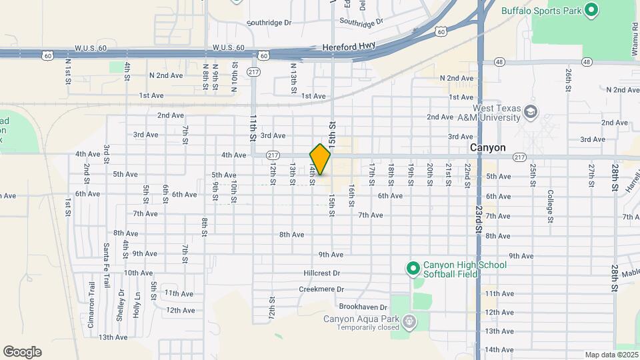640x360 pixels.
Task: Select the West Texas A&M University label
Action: tap(496, 113)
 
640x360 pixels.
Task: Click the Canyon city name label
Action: tap(487, 147)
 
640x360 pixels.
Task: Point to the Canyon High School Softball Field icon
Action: tap(413, 269)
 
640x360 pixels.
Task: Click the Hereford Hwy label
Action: tap(349, 47)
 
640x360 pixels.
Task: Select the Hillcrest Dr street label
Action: tap(321, 273)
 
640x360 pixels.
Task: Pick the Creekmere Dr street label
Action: tap(321, 289)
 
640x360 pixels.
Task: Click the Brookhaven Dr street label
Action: tap(363, 307)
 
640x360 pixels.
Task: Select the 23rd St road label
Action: tap(479, 219)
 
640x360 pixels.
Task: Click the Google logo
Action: tap(22, 352)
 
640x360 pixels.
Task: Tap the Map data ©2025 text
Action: tap(611, 355)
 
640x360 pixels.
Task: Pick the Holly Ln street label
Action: tap(137, 304)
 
